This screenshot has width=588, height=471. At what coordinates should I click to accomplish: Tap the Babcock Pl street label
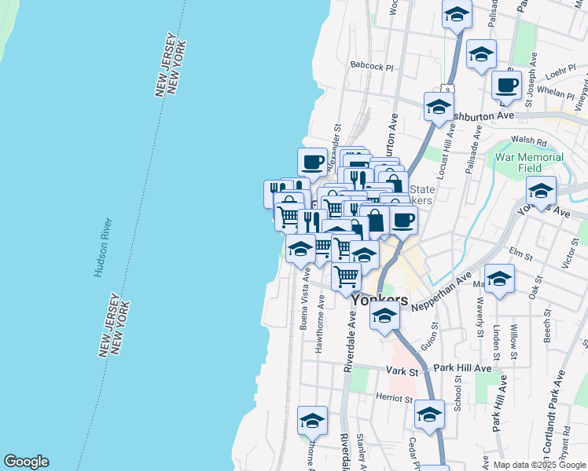tap(372, 67)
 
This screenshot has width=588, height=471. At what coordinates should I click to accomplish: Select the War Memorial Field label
tap(529, 162)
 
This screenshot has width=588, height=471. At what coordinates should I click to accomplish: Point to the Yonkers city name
tap(380, 299)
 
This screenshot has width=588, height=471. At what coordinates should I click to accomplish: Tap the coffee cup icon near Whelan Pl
tap(506, 84)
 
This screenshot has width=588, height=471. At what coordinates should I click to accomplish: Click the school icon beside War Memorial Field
tap(541, 190)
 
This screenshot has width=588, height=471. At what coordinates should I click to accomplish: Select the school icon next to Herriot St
tap(429, 414)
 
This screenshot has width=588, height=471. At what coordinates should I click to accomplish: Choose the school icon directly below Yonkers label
tap(384, 316)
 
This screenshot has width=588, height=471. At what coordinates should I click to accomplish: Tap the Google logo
tap(26, 462)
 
